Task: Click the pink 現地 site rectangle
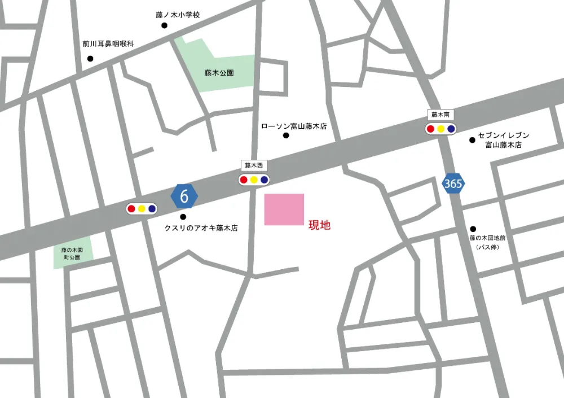pyautogui.click(x=284, y=209)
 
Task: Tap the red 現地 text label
pyautogui.click(x=319, y=225)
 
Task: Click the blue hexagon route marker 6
pyautogui.click(x=184, y=196)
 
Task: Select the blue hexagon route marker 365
pyautogui.click(x=453, y=183)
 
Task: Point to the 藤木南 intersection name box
pyautogui.click(x=440, y=115)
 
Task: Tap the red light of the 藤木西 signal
pyautogui.click(x=244, y=180)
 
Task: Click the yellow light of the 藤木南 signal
pyautogui.click(x=440, y=129)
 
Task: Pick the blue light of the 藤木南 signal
pyautogui.click(x=451, y=129)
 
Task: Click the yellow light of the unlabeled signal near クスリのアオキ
pyautogui.click(x=142, y=208)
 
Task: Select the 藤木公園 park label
pyautogui.click(x=219, y=73)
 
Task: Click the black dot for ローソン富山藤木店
pyautogui.click(x=286, y=135)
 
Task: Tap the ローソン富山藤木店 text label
pyautogui.click(x=293, y=127)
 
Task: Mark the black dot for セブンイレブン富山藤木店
pyautogui.click(x=472, y=140)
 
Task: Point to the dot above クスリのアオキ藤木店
pyautogui.click(x=182, y=217)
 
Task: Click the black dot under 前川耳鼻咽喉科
pyautogui.click(x=90, y=59)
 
